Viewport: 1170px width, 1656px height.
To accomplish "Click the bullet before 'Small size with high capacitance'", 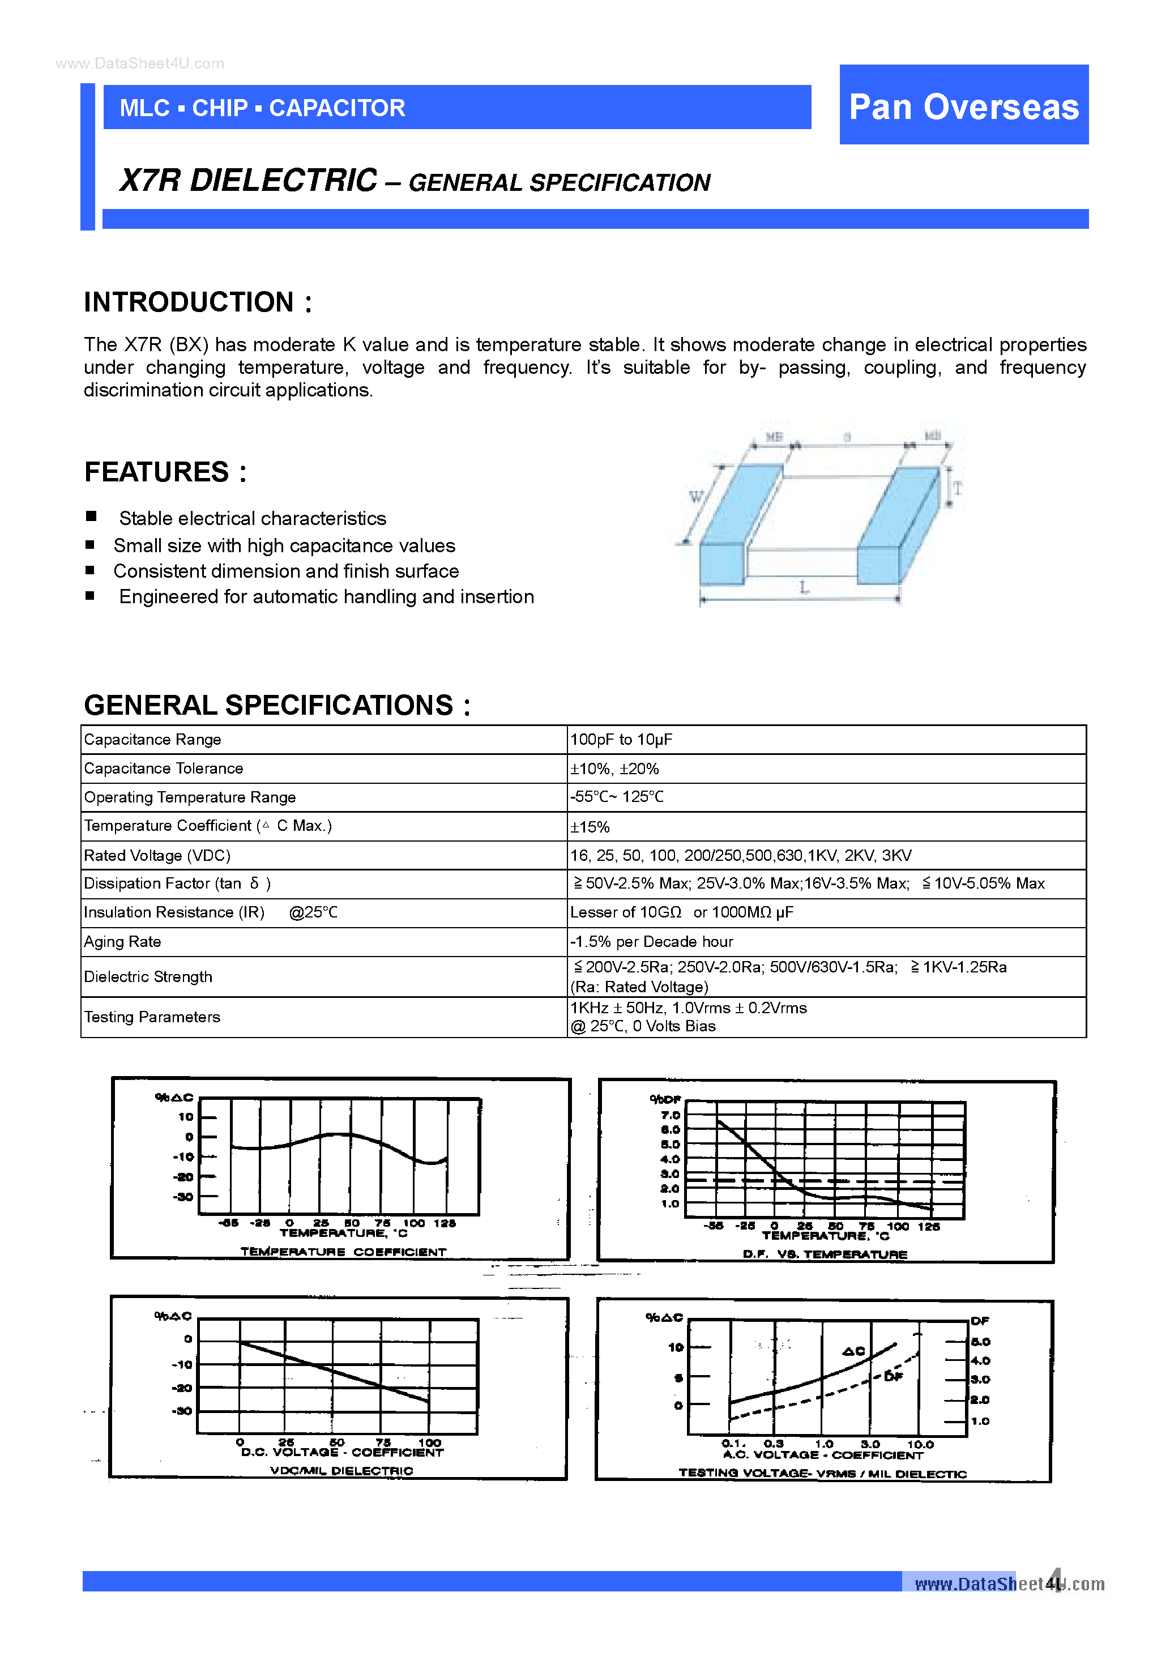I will (x=90, y=545).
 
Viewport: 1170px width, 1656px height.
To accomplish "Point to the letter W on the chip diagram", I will (x=695, y=496).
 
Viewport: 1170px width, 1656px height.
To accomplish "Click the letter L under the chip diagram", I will (x=804, y=588).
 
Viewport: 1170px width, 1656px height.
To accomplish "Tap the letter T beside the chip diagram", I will (x=957, y=488).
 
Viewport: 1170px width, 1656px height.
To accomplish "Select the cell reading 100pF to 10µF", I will (x=621, y=739).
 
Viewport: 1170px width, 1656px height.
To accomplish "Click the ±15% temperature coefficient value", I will (x=590, y=826).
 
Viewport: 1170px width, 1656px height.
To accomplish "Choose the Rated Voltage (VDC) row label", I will (x=157, y=855).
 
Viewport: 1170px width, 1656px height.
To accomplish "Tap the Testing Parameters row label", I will (x=152, y=1017).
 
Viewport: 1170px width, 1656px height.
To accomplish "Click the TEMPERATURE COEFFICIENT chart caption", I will (x=343, y=1252).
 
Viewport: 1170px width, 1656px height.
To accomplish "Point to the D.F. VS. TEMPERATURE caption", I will (x=825, y=1254).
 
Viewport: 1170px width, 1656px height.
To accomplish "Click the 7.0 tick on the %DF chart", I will (x=670, y=1115).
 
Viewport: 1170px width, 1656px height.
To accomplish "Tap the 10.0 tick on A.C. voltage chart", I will (x=920, y=1445).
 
